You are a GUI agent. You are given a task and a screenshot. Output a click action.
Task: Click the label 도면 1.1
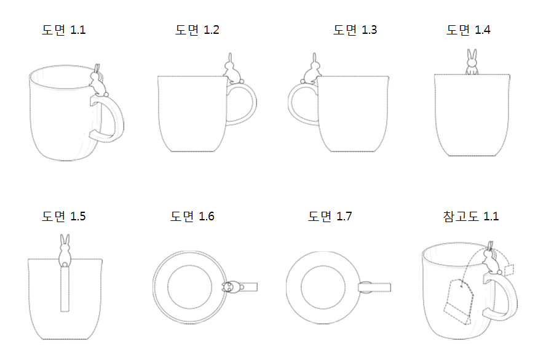(64, 30)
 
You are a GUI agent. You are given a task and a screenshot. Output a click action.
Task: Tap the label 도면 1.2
(197, 30)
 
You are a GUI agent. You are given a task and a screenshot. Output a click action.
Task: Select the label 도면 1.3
(355, 30)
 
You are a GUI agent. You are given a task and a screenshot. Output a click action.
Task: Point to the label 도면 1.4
(469, 30)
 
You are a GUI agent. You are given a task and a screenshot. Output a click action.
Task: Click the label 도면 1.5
(64, 217)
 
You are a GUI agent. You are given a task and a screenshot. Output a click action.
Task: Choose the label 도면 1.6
(192, 217)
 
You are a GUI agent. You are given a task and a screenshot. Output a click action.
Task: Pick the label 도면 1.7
(330, 217)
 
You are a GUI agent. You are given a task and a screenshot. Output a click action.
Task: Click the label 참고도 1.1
(471, 217)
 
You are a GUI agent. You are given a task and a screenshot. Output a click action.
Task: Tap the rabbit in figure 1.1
(98, 82)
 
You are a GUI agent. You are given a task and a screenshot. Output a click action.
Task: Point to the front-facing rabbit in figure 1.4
(472, 63)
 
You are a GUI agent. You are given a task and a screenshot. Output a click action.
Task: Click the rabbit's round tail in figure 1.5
(65, 265)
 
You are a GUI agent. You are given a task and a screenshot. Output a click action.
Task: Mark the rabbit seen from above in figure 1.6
(231, 287)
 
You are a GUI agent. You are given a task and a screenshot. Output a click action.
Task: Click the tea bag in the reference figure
(459, 302)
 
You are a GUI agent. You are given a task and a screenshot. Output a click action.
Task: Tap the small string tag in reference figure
(508, 270)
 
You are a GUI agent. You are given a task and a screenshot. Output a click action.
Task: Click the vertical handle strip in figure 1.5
(65, 290)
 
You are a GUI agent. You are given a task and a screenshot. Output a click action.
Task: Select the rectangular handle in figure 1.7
(374, 287)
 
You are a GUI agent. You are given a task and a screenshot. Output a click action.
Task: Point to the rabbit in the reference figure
(491, 258)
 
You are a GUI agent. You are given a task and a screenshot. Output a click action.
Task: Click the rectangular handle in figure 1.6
(248, 287)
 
